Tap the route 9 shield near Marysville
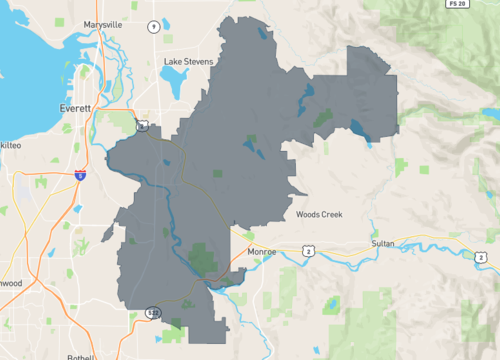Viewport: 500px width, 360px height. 153,25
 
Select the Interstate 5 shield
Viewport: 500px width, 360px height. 79,174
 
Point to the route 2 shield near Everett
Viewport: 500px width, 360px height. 143,125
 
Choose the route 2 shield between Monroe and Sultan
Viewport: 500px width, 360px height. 310,250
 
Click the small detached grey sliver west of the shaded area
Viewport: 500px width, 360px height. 108,233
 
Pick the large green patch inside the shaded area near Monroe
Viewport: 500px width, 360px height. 203,258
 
